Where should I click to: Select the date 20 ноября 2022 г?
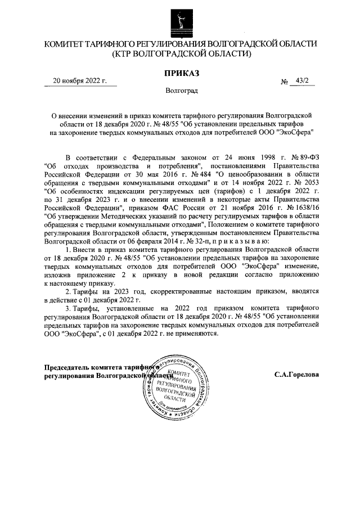[x=79, y=80]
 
